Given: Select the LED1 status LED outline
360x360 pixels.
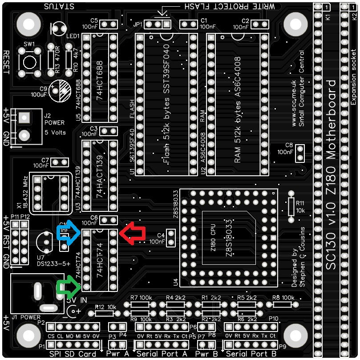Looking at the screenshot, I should click(59, 29).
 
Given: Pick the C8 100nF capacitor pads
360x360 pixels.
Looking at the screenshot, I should click(300, 154).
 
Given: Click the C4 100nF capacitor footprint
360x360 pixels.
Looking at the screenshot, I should click(171, 238).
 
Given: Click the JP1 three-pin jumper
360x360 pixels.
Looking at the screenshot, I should click(158, 24).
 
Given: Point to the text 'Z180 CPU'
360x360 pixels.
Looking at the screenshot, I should click(213, 240).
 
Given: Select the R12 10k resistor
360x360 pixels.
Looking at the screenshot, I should click(106, 313).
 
